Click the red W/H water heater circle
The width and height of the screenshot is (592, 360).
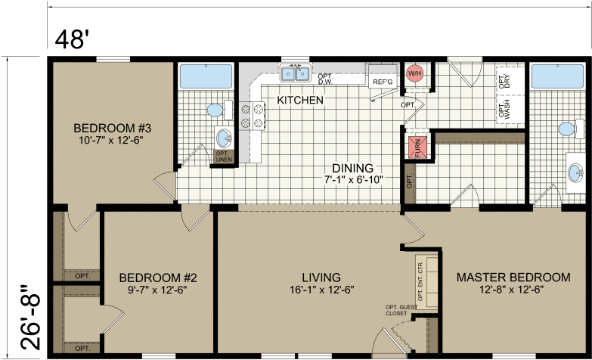[414, 73]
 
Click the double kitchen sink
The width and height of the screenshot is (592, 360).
[296, 73]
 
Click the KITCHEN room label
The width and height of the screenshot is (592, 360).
[300, 100]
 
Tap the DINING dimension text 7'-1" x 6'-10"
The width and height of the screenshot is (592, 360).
[352, 180]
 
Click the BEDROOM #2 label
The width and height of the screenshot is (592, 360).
[158, 278]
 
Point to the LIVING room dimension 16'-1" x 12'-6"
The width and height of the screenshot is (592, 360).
[320, 290]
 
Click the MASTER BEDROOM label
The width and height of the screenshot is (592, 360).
[513, 278]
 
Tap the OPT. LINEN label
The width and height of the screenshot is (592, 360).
[224, 157]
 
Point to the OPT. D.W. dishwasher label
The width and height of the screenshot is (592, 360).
[326, 79]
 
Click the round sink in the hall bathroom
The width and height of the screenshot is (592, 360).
[225, 138]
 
